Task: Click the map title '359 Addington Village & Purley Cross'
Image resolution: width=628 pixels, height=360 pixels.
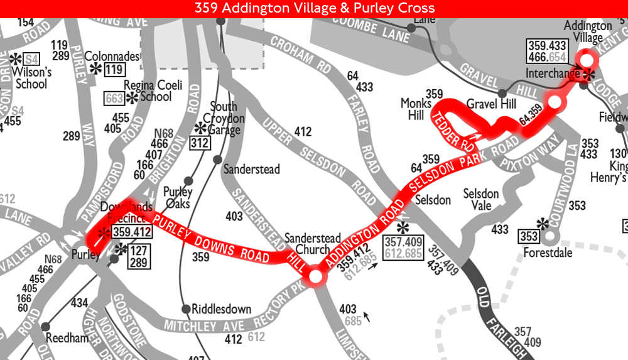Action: click(x=314, y=8)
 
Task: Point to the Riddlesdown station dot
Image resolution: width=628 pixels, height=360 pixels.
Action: click(x=186, y=309)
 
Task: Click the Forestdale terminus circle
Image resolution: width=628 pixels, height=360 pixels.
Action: click(x=550, y=237)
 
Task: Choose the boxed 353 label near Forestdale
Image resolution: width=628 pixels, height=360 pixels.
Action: click(x=529, y=237)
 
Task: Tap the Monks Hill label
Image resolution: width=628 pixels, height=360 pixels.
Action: click(x=416, y=109)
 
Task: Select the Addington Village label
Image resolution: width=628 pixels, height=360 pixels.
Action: click(x=587, y=32)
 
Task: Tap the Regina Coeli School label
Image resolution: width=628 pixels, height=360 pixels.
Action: click(x=148, y=91)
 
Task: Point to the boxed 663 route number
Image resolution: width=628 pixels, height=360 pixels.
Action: click(x=114, y=99)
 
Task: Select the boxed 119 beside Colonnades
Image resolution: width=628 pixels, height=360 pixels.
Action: click(x=114, y=70)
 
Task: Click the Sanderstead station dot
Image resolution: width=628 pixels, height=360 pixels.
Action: click(x=218, y=160)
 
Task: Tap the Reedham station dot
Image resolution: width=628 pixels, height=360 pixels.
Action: click(x=45, y=327)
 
